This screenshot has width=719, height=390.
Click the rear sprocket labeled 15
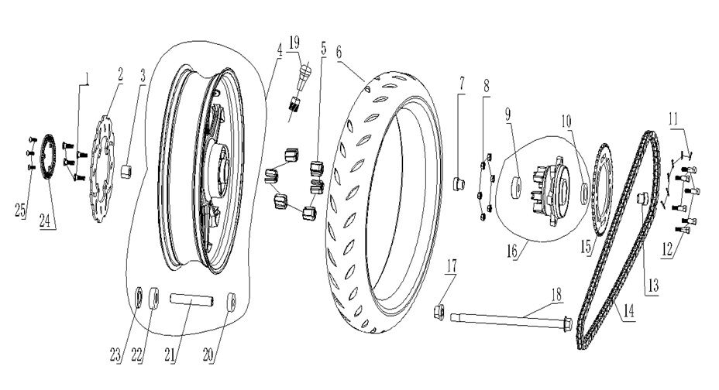(601, 185)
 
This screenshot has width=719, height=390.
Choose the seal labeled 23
(140, 296)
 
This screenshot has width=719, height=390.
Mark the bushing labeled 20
(231, 299)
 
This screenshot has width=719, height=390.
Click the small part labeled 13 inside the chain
(642, 200)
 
